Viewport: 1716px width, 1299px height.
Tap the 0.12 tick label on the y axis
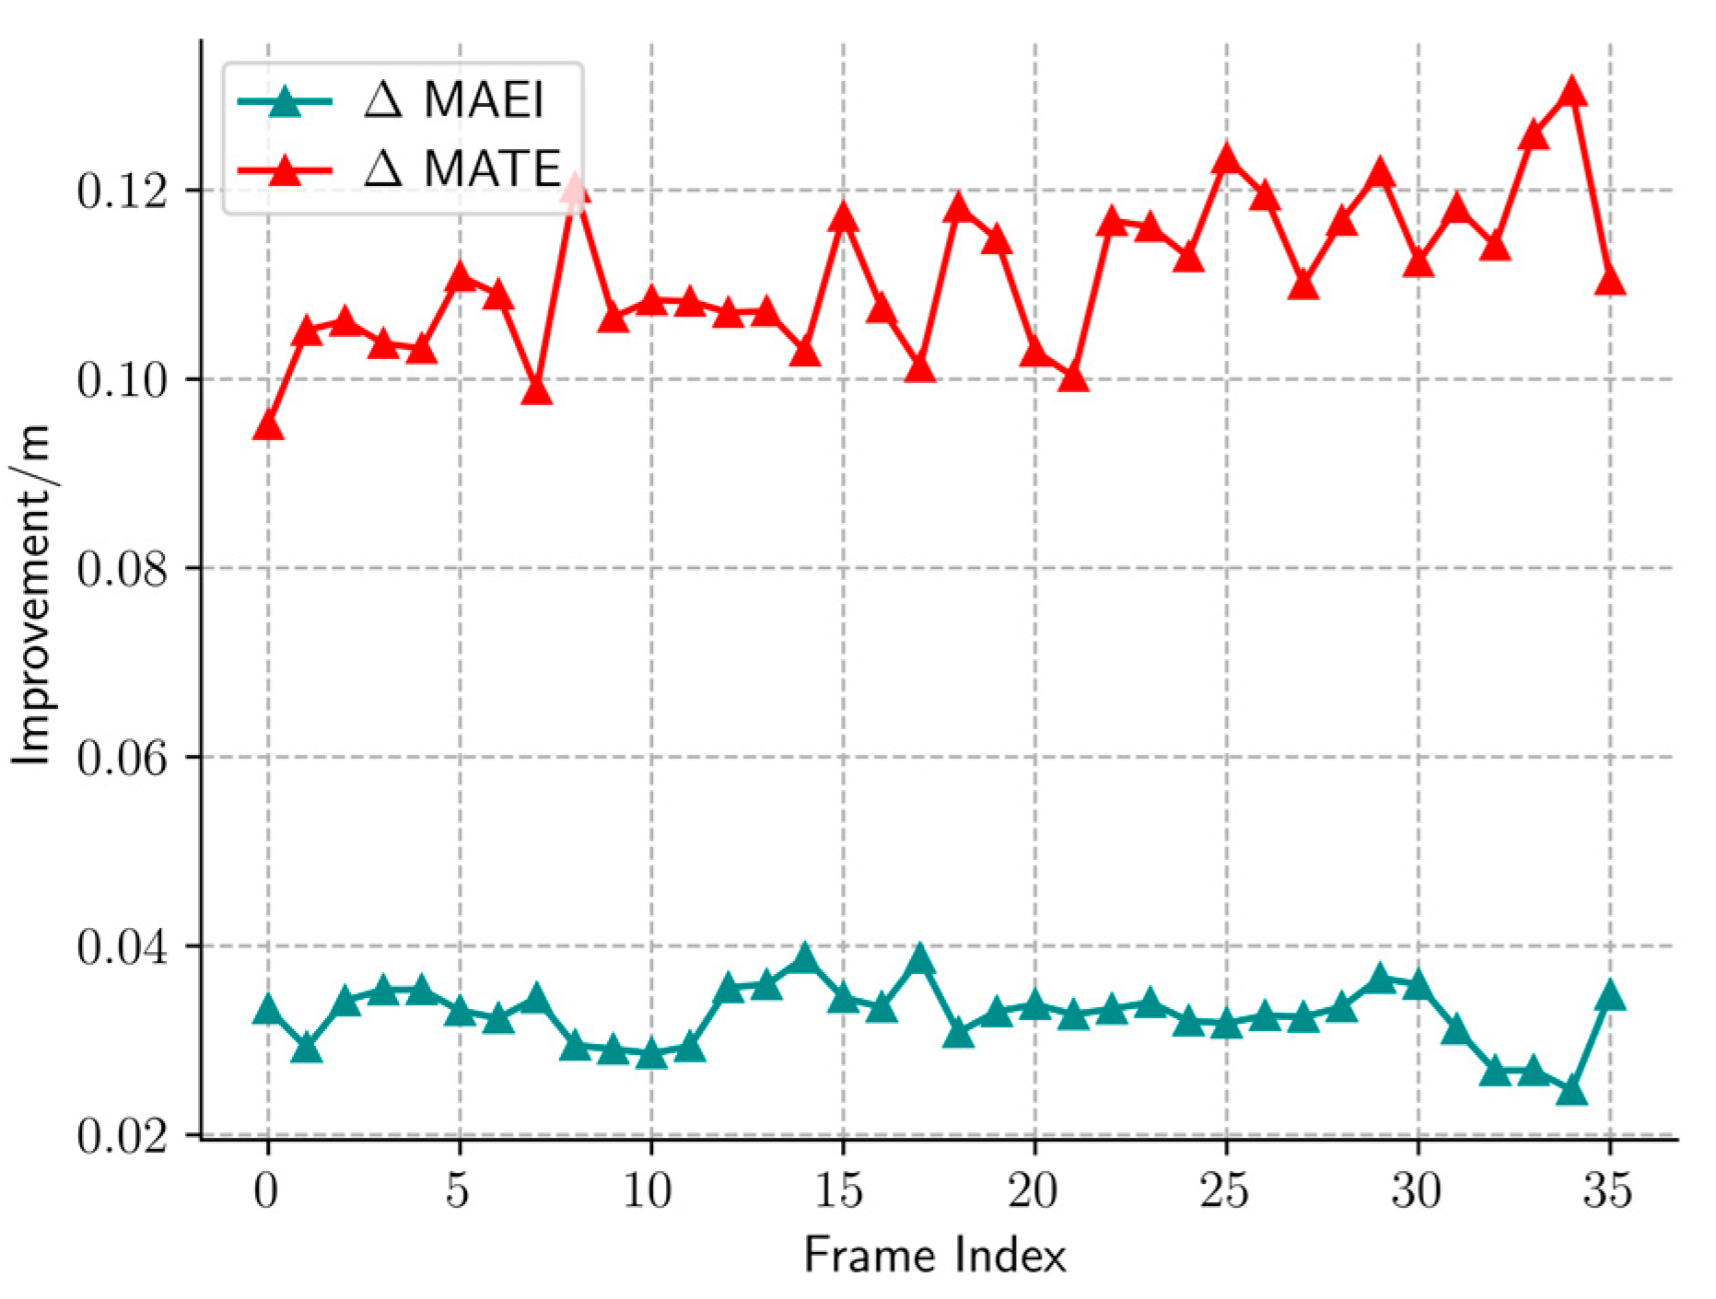pyautogui.click(x=123, y=191)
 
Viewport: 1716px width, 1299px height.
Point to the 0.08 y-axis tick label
pyautogui.click(x=123, y=569)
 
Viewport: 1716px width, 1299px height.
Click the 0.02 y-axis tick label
pyautogui.click(x=123, y=1136)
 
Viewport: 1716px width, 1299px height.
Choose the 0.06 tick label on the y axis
pyautogui.click(x=123, y=758)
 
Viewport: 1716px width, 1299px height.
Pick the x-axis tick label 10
pyautogui.click(x=650, y=1190)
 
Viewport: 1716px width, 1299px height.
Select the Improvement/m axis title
pyautogui.click(x=33, y=594)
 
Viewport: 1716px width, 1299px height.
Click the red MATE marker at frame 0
pyautogui.click(x=268, y=425)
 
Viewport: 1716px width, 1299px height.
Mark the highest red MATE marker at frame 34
pyautogui.click(x=1571, y=92)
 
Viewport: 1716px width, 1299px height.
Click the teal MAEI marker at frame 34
pyautogui.click(x=1571, y=1091)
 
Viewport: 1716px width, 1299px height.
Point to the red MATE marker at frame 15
pyautogui.click(x=843, y=217)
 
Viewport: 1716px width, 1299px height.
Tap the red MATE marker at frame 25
pyautogui.click(x=1226, y=159)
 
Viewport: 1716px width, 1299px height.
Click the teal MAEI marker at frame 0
pyautogui.click(x=268, y=1009)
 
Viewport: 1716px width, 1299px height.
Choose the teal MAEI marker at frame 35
pyautogui.click(x=1609, y=995)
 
